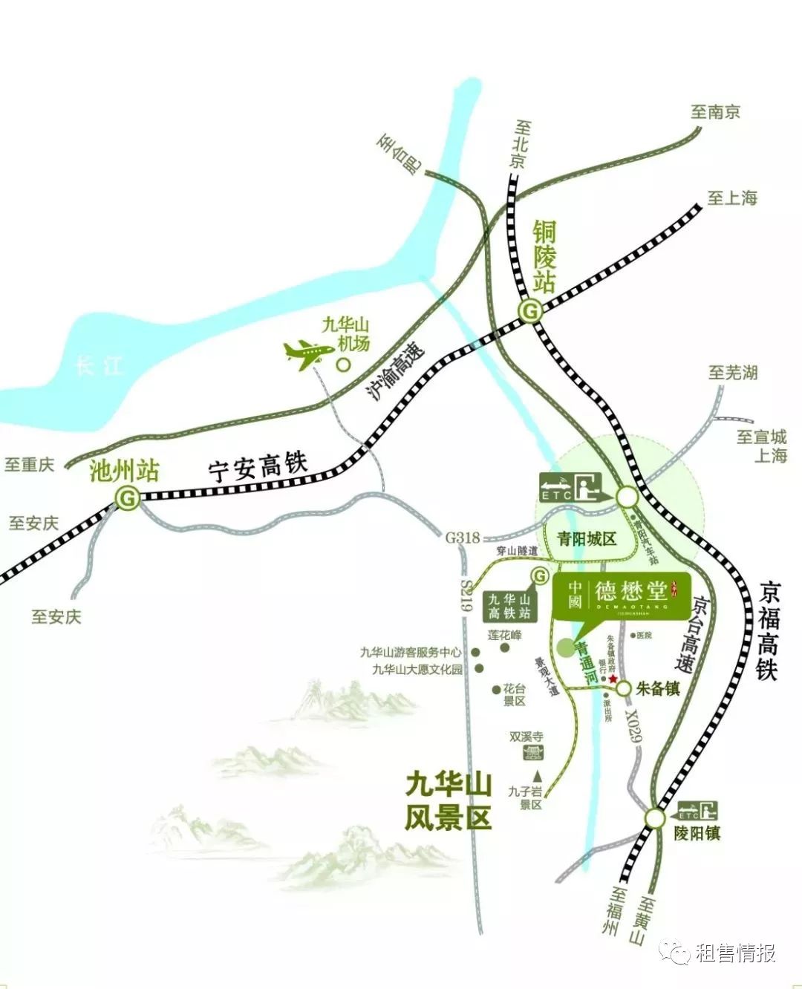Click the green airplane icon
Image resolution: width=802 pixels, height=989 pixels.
[308, 353]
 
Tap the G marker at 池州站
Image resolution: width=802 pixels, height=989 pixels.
[128, 499]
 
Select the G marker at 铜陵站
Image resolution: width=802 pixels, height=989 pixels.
[530, 312]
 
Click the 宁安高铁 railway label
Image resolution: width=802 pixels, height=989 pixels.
[257, 468]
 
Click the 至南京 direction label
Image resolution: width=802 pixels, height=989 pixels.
[715, 112]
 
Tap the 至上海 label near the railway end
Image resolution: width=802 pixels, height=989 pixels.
[731, 198]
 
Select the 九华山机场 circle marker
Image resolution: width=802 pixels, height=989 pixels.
[343, 365]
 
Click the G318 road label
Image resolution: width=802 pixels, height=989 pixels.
[463, 538]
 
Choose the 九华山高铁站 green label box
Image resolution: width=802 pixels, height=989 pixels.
[509, 606]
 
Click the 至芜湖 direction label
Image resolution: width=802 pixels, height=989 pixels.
[732, 372]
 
